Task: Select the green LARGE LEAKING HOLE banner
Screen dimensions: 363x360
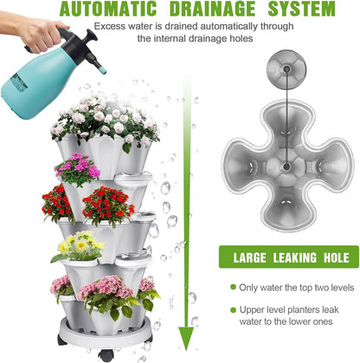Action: (288, 256)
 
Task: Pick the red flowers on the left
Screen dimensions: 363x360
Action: (58, 204)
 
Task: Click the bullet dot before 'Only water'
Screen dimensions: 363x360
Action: (233, 287)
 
